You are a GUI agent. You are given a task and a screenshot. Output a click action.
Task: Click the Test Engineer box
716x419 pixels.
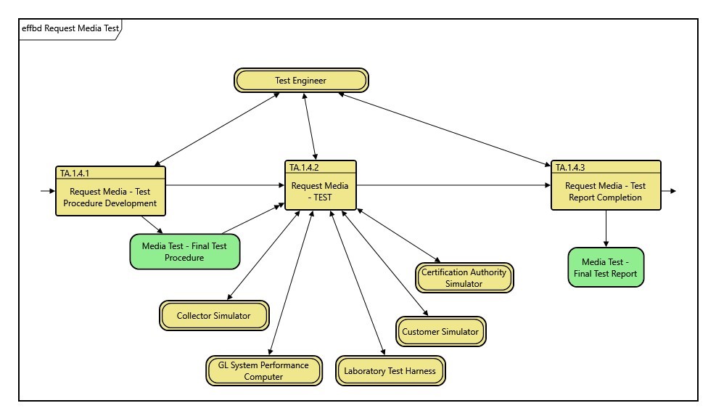[301, 81]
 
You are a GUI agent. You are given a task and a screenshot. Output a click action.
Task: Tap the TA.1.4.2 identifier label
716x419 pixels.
[305, 167]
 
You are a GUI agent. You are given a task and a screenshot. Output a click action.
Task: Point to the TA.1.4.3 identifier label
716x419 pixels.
[570, 167]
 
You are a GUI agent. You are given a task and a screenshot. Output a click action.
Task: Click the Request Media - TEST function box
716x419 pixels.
[320, 191]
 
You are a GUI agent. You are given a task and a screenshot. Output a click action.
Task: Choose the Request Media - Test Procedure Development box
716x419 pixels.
[110, 197]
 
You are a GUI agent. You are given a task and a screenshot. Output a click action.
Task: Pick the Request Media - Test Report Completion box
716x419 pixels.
[606, 192]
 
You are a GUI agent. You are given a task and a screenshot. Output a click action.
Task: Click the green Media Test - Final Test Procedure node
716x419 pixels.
[184, 251]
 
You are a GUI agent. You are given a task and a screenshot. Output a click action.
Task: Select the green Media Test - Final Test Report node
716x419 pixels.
[606, 268]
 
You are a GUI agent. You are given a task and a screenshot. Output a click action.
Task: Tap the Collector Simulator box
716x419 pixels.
[214, 316]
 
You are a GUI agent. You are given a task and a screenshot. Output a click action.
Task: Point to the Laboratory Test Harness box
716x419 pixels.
[390, 371]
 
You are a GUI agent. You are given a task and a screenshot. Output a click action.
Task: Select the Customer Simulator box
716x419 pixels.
[440, 332]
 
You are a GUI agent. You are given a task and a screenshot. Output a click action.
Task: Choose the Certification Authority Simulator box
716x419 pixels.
[464, 278]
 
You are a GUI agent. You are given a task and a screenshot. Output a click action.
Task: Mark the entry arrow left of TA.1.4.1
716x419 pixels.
[47, 191]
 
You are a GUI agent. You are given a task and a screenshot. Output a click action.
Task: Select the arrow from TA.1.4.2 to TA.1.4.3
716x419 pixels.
[453, 185]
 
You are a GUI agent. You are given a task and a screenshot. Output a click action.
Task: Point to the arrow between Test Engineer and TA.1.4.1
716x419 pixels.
[218, 129]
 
